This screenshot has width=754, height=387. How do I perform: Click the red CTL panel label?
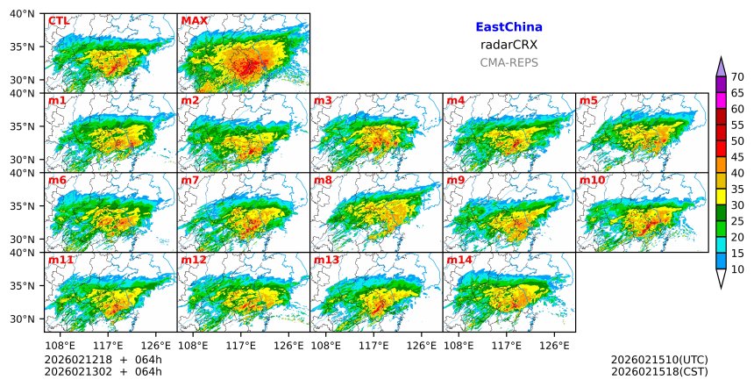pyautogui.click(x=59, y=20)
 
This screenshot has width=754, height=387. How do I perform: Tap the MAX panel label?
pyautogui.click(x=193, y=20)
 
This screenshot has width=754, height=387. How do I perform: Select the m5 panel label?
pyautogui.click(x=588, y=100)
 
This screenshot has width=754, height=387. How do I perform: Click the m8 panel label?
pyautogui.click(x=323, y=180)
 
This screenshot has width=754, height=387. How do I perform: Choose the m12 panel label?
pyautogui.click(x=194, y=260)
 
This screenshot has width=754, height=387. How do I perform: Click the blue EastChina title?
pyautogui.click(x=509, y=27)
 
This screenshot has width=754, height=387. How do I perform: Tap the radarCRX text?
pyautogui.click(x=509, y=45)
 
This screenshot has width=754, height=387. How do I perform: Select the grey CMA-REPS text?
pyautogui.click(x=509, y=62)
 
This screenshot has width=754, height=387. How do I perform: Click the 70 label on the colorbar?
pyautogui.click(x=737, y=77)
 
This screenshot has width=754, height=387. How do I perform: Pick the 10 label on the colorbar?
pyautogui.click(x=737, y=269)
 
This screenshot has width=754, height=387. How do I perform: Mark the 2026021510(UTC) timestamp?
pyautogui.click(x=659, y=360)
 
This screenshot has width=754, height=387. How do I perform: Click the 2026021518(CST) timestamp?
pyautogui.click(x=659, y=372)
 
